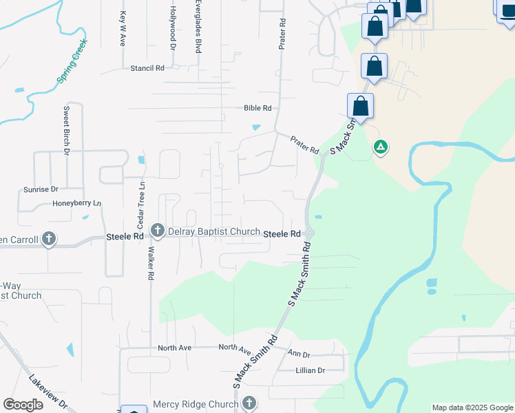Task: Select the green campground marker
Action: point(379,147)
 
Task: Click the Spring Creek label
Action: point(71,61)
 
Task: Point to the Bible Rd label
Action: point(258,108)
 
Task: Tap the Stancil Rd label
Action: point(147,68)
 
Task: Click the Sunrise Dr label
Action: point(41,189)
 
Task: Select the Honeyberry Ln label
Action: point(76,204)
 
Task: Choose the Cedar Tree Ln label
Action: point(140,205)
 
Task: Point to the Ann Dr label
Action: point(298,354)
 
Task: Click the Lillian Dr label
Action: point(310,370)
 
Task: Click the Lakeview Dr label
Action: point(48,392)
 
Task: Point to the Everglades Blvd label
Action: point(198,27)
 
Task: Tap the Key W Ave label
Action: point(123,28)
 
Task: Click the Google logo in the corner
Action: point(23,405)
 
